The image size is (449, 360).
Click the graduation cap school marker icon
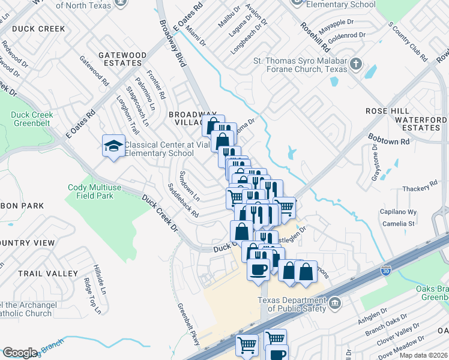(x=112, y=146)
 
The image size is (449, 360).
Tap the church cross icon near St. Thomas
(x=355, y=64)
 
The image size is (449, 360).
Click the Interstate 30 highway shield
(x=386, y=271)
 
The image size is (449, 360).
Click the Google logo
(x=20, y=353)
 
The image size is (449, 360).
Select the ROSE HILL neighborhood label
(x=387, y=112)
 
